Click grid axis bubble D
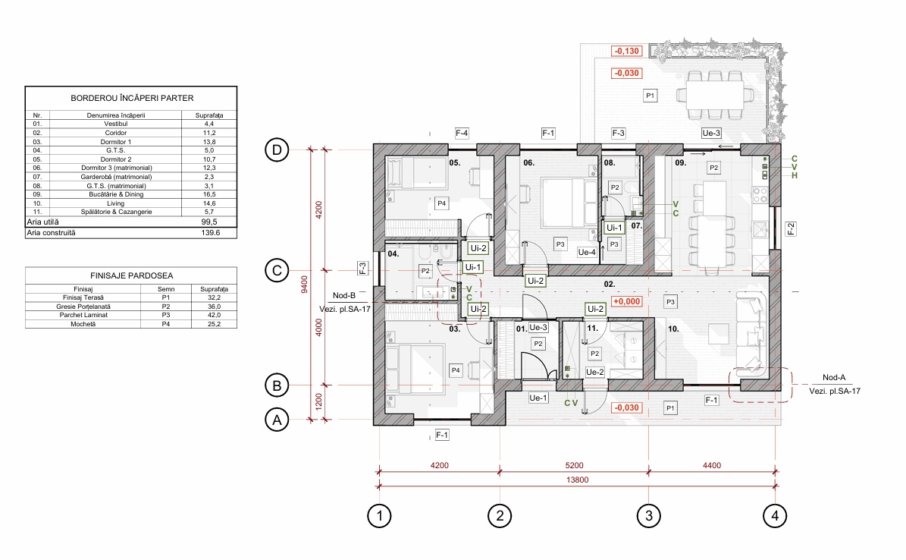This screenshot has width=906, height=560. coord(277,150)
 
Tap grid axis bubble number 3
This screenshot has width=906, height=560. coord(649,515)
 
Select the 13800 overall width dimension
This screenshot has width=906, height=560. coord(577,480)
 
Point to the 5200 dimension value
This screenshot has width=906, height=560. coord(574,465)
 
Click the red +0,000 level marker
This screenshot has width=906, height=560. coord(627,301)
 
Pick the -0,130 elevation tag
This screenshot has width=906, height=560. coord(627,51)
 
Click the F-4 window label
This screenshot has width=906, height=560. coord(462,133)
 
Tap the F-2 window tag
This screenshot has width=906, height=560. coord(791,229)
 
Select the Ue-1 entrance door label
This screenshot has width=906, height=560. coord(538,398)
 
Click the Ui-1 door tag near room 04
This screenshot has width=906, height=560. coord(472,267)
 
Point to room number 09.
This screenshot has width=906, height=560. coord(681,162)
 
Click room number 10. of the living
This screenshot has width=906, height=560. coord(674,329)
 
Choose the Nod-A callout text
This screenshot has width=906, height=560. coord(834,377)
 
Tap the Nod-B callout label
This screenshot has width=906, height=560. coord(344,296)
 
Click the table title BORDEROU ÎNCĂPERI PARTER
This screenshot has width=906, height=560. coord(133,99)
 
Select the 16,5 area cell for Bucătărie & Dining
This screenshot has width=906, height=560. coord(209,194)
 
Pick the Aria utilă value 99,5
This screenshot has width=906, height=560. coord(209,222)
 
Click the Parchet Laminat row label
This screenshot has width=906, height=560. coord(83,316)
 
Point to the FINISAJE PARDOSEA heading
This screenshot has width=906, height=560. coord(132,276)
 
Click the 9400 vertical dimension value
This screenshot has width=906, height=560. coord(305,285)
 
